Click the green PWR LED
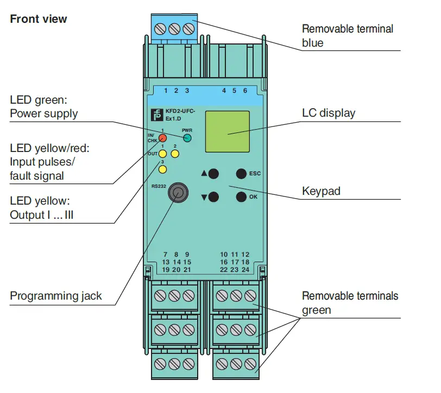[187, 138]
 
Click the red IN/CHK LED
[162, 138]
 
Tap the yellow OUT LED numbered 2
[175, 154]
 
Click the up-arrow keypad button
[213, 174]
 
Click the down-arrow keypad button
[213, 197]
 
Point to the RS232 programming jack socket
[175, 192]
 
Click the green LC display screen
[228, 132]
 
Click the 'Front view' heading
[39, 19]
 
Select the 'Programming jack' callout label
[56, 296]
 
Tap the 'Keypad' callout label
[322, 192]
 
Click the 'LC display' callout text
[329, 113]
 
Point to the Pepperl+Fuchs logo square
[157, 115]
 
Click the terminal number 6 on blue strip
[245, 91]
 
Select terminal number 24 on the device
[245, 269]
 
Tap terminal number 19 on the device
[166, 269]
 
